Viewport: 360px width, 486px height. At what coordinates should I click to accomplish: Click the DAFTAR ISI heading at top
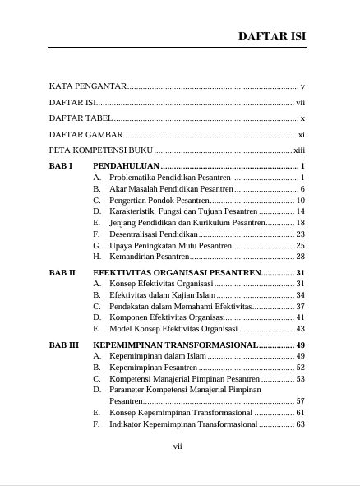click(x=272, y=36)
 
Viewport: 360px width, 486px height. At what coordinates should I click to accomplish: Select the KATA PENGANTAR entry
click(x=87, y=86)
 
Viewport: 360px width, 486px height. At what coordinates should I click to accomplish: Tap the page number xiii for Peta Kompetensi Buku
click(x=299, y=151)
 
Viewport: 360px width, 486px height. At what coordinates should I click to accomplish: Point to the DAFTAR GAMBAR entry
click(x=85, y=135)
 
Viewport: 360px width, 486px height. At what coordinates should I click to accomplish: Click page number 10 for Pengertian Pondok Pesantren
click(x=301, y=200)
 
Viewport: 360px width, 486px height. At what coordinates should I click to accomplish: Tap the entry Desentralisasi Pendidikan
click(x=155, y=234)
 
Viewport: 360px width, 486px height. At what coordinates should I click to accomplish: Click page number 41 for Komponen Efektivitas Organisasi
click(x=301, y=317)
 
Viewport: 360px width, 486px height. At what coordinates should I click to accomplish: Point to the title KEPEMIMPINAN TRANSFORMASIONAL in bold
click(x=187, y=345)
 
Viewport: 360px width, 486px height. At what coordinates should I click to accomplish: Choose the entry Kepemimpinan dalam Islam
click(x=157, y=356)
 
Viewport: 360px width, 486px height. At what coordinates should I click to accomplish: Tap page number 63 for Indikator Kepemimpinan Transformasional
click(x=301, y=424)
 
